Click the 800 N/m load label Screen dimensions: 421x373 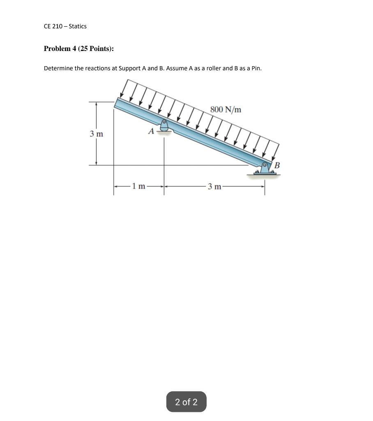[x=226, y=109]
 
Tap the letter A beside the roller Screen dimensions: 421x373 [x=151, y=132]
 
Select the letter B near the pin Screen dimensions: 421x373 [x=277, y=165]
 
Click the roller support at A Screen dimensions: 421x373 [x=164, y=126]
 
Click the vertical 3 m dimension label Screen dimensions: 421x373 [x=96, y=134]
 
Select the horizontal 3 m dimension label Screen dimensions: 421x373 [x=214, y=187]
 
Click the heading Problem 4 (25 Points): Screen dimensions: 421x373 [x=79, y=49]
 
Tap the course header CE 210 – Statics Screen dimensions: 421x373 [x=65, y=26]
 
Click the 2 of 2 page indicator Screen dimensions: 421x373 [x=186, y=402]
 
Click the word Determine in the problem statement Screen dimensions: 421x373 [x=58, y=68]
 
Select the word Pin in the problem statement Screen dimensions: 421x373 [x=256, y=68]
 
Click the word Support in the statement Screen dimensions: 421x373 [x=130, y=68]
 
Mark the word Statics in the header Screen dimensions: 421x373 [x=78, y=26]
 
